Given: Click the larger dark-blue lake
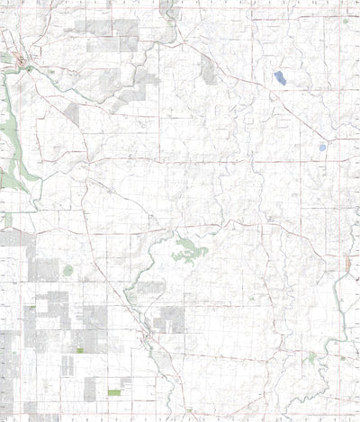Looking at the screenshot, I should (281, 77).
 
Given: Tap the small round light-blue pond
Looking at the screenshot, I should (322, 146).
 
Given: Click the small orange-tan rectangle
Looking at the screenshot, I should (347, 264).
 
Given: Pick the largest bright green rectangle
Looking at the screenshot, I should (114, 392).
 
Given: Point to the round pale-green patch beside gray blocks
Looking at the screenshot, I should (68, 269).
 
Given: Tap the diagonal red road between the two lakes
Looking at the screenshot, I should (301, 112).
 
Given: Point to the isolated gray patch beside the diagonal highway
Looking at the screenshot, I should (208, 69).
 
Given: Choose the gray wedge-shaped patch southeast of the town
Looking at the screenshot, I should (71, 112).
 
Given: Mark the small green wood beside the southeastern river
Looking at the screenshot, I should (311, 357).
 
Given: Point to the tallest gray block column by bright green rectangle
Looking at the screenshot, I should (91, 388).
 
